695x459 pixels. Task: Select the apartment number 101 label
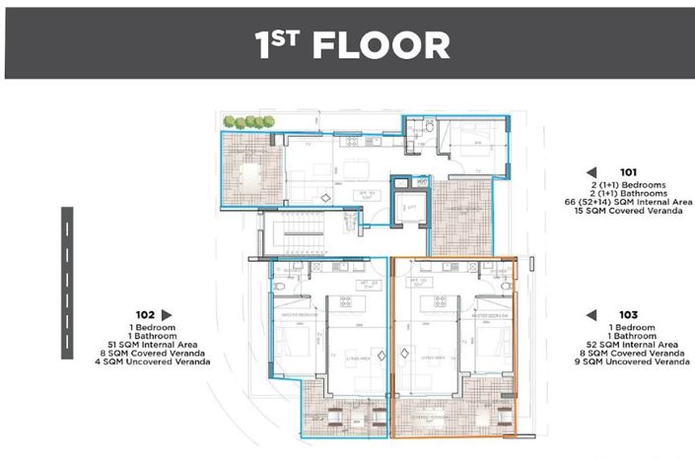[629, 170]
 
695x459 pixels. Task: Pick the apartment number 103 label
[629, 315]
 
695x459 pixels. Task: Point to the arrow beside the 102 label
[167, 315]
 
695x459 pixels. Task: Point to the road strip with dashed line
[68, 283]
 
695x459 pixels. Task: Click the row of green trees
[247, 121]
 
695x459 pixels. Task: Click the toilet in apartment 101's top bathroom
[431, 128]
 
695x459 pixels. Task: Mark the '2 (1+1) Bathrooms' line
[628, 193]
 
